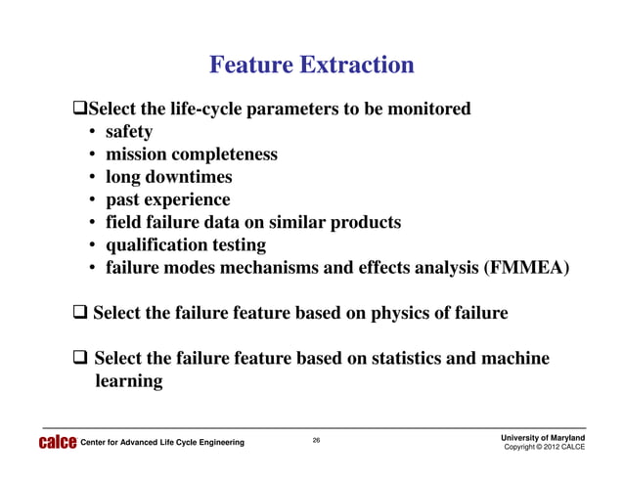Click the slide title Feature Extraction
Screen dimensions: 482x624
pos(312,66)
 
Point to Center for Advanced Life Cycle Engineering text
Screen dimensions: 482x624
pos(162,444)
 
